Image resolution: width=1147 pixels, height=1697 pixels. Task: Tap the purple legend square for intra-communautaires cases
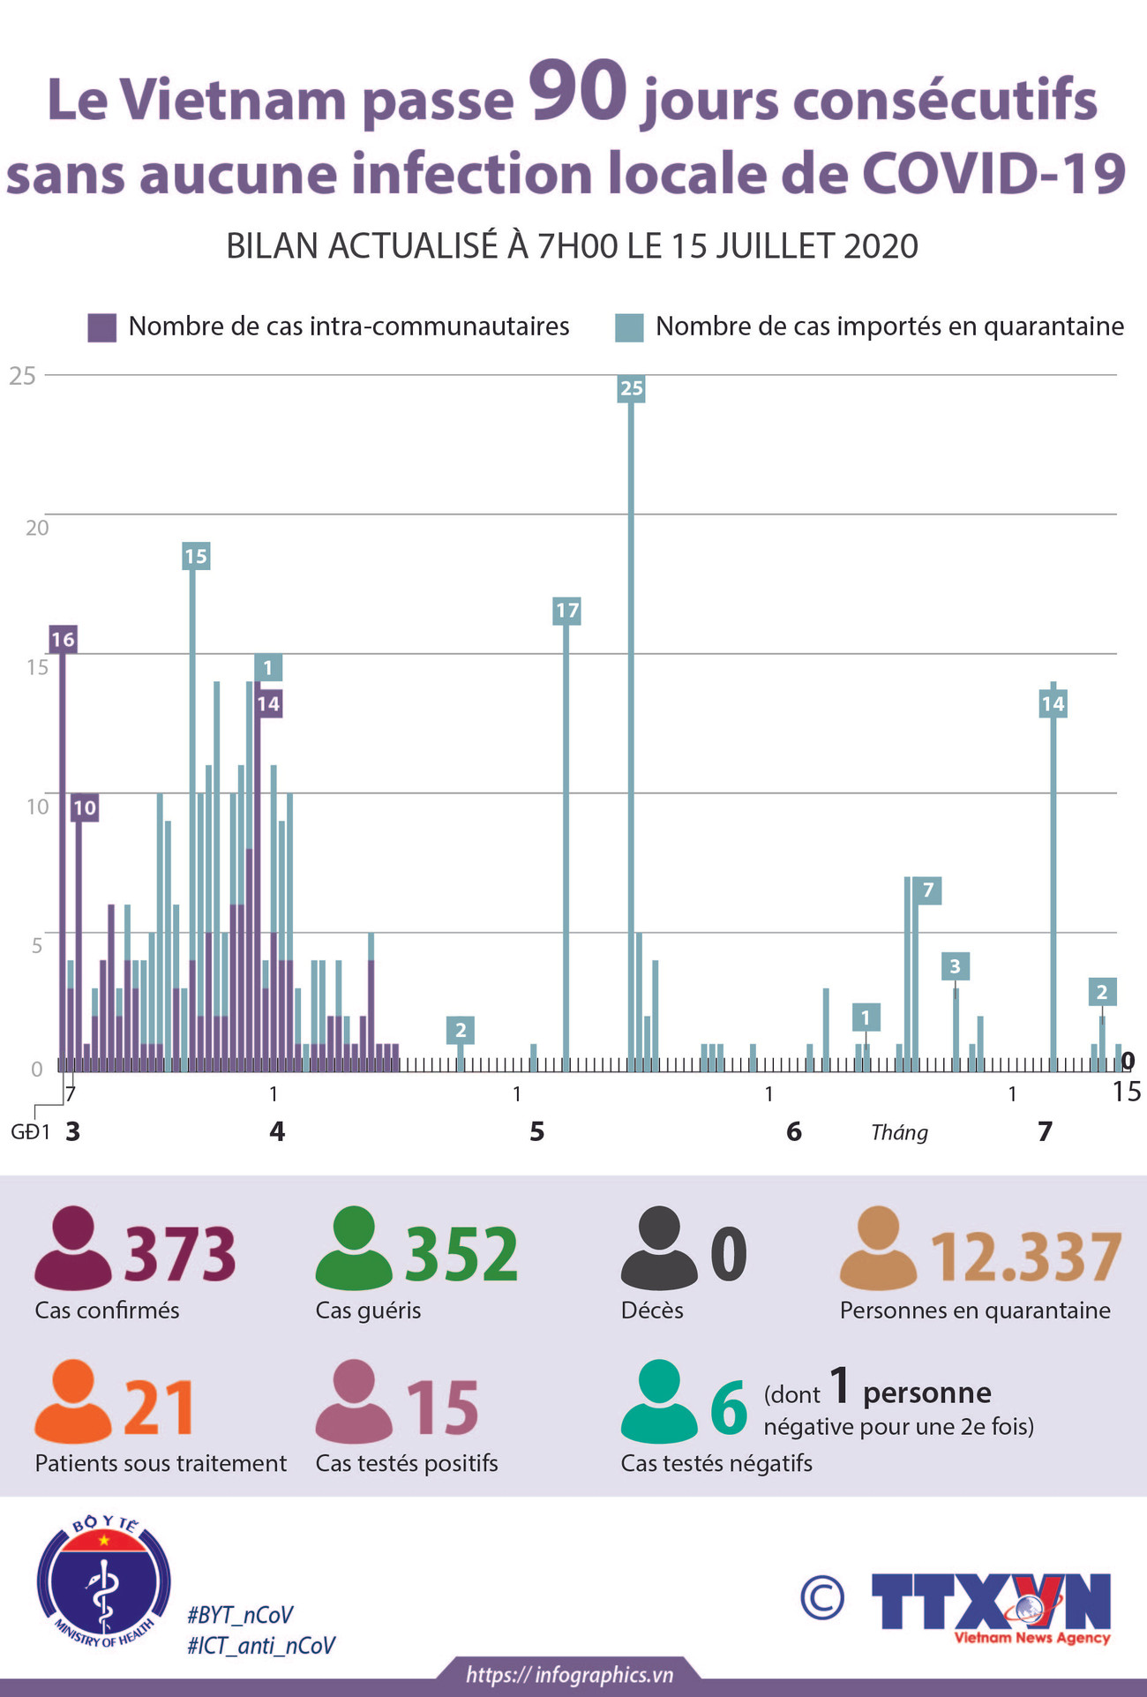102,327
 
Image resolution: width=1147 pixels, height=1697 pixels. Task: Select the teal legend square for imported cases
629,327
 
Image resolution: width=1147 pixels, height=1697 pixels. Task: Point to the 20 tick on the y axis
37,528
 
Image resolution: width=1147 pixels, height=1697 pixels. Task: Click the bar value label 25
632,388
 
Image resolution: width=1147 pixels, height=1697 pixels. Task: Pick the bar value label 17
566,610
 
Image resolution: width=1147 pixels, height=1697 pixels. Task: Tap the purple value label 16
63,640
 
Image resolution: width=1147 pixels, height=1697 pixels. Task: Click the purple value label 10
84,807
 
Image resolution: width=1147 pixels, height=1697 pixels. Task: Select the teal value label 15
196,556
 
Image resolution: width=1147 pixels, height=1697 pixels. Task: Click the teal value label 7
927,890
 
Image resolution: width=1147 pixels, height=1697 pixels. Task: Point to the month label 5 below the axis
536,1131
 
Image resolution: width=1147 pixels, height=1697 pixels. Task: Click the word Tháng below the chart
899,1132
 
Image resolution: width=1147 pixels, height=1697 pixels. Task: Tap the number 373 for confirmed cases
180,1254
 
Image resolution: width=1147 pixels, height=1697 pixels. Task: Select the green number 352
461,1254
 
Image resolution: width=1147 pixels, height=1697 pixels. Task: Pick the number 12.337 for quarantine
1026,1257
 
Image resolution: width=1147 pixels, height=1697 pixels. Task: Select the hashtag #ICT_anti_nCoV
261,1646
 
